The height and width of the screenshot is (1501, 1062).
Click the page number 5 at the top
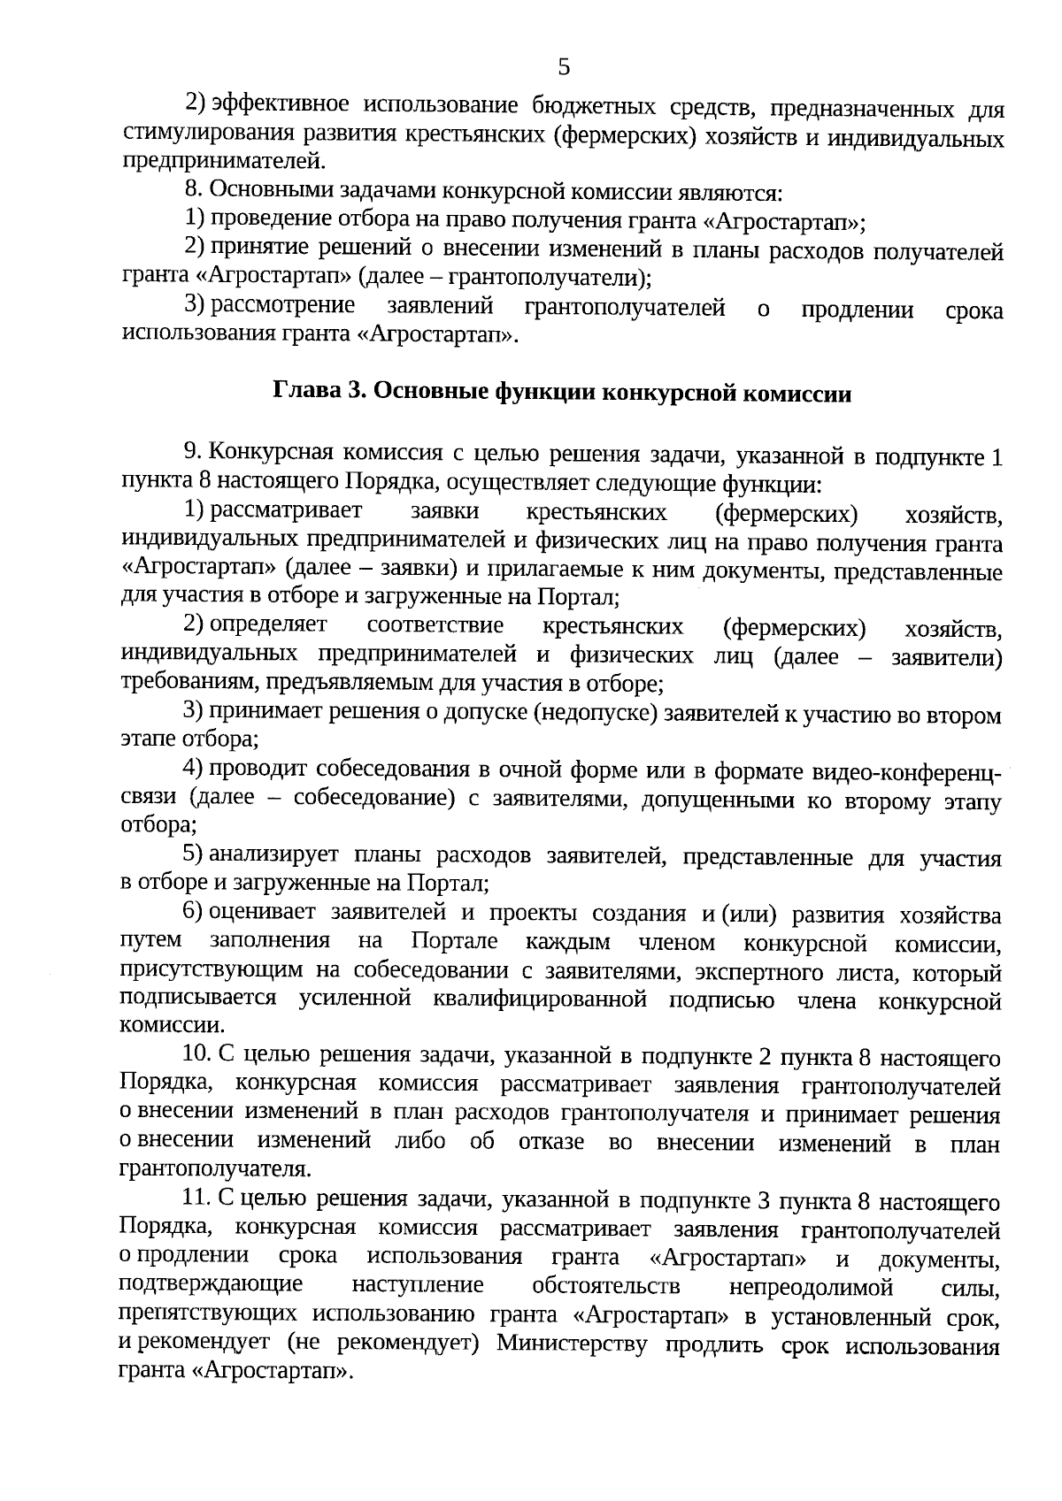(564, 67)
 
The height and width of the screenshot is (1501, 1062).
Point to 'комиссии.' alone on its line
(172, 1027)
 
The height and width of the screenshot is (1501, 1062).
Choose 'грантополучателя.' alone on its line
(215, 1170)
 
